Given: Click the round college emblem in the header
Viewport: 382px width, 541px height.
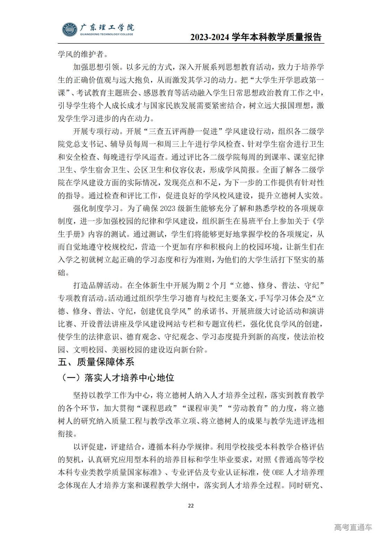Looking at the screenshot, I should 70,30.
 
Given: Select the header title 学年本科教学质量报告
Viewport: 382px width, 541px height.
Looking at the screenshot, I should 277,37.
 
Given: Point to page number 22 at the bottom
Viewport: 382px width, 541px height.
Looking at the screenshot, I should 191,505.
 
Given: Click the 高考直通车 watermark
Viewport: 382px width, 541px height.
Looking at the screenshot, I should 353,527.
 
